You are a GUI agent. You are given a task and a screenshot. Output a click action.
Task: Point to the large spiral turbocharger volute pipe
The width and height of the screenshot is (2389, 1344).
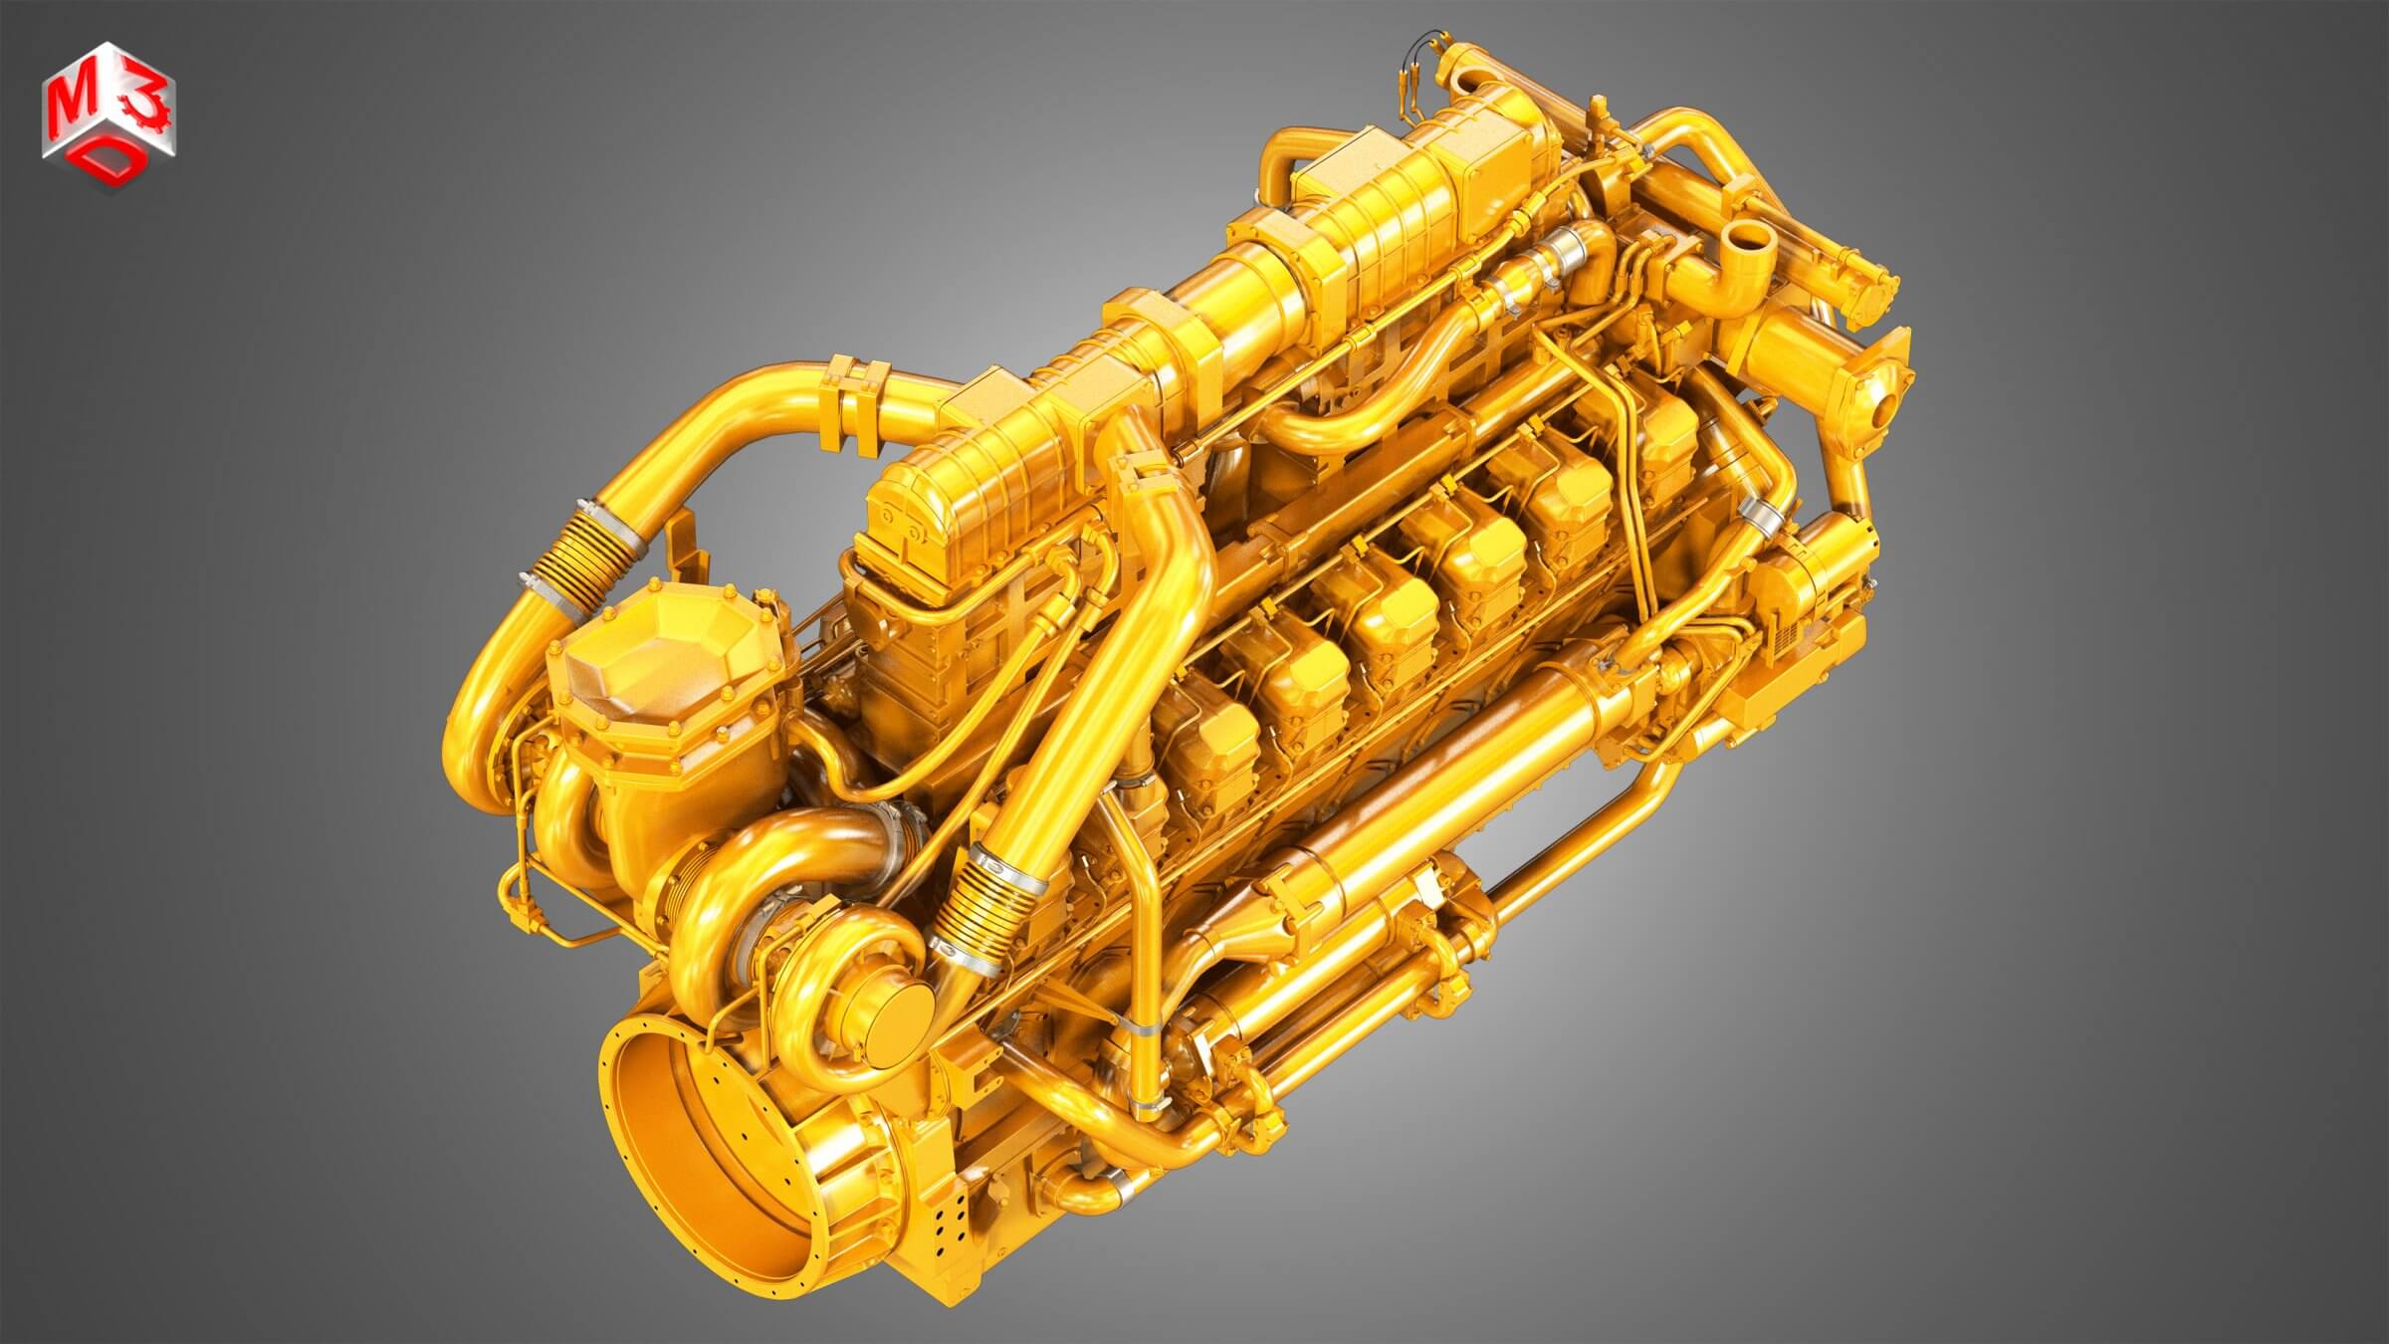click(x=757, y=876)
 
